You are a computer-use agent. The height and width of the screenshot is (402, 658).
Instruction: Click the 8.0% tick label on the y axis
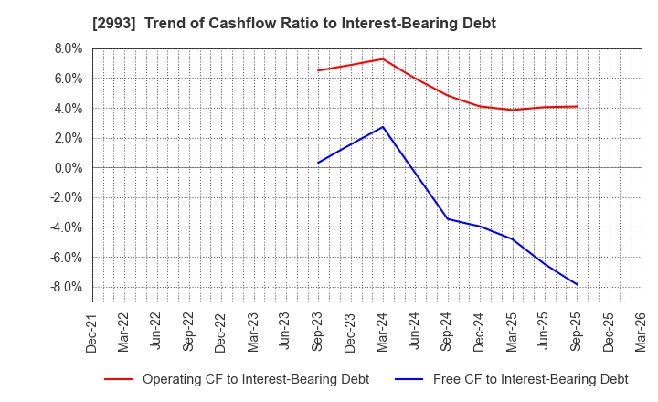67,48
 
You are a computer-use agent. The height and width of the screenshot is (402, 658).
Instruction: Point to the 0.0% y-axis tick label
67,168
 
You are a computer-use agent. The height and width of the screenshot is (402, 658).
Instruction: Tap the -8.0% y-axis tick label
65,287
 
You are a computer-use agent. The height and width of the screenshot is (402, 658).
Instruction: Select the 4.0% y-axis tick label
67,109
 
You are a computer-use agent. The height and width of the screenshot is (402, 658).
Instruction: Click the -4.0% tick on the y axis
65,227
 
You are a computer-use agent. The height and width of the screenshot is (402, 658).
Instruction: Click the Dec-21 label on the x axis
92,331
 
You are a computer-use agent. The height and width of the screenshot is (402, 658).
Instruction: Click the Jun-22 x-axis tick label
157,331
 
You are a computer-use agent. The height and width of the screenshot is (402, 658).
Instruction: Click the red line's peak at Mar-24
383,58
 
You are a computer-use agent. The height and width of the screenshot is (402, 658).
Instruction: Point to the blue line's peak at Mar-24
383,127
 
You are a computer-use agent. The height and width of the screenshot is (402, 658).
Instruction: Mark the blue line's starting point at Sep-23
318,164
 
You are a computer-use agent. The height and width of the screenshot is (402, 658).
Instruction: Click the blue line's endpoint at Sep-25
577,284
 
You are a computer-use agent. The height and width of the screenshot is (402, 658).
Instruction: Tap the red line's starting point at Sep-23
318,70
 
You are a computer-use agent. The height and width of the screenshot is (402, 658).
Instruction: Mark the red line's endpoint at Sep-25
577,107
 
